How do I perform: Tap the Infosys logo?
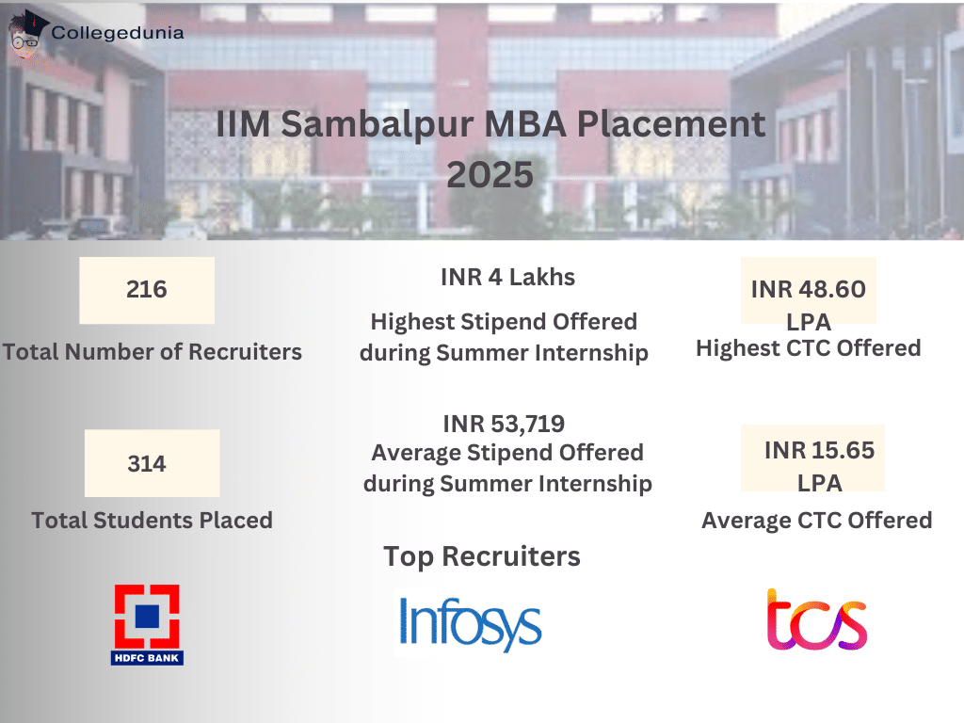click(x=470, y=622)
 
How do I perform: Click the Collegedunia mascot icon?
click(x=28, y=35)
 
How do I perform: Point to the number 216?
click(x=147, y=290)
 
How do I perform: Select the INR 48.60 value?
click(x=808, y=290)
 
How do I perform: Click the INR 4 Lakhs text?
click(x=507, y=278)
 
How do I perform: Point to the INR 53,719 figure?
click(x=504, y=424)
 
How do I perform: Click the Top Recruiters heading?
click(x=482, y=556)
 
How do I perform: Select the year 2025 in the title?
click(x=490, y=174)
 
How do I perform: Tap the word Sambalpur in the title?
click(x=382, y=125)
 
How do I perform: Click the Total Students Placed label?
click(x=152, y=520)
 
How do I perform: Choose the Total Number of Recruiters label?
click(x=152, y=352)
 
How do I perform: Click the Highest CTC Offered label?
click(x=808, y=348)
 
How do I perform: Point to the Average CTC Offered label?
click(x=816, y=520)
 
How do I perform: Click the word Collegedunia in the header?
click(x=118, y=33)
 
